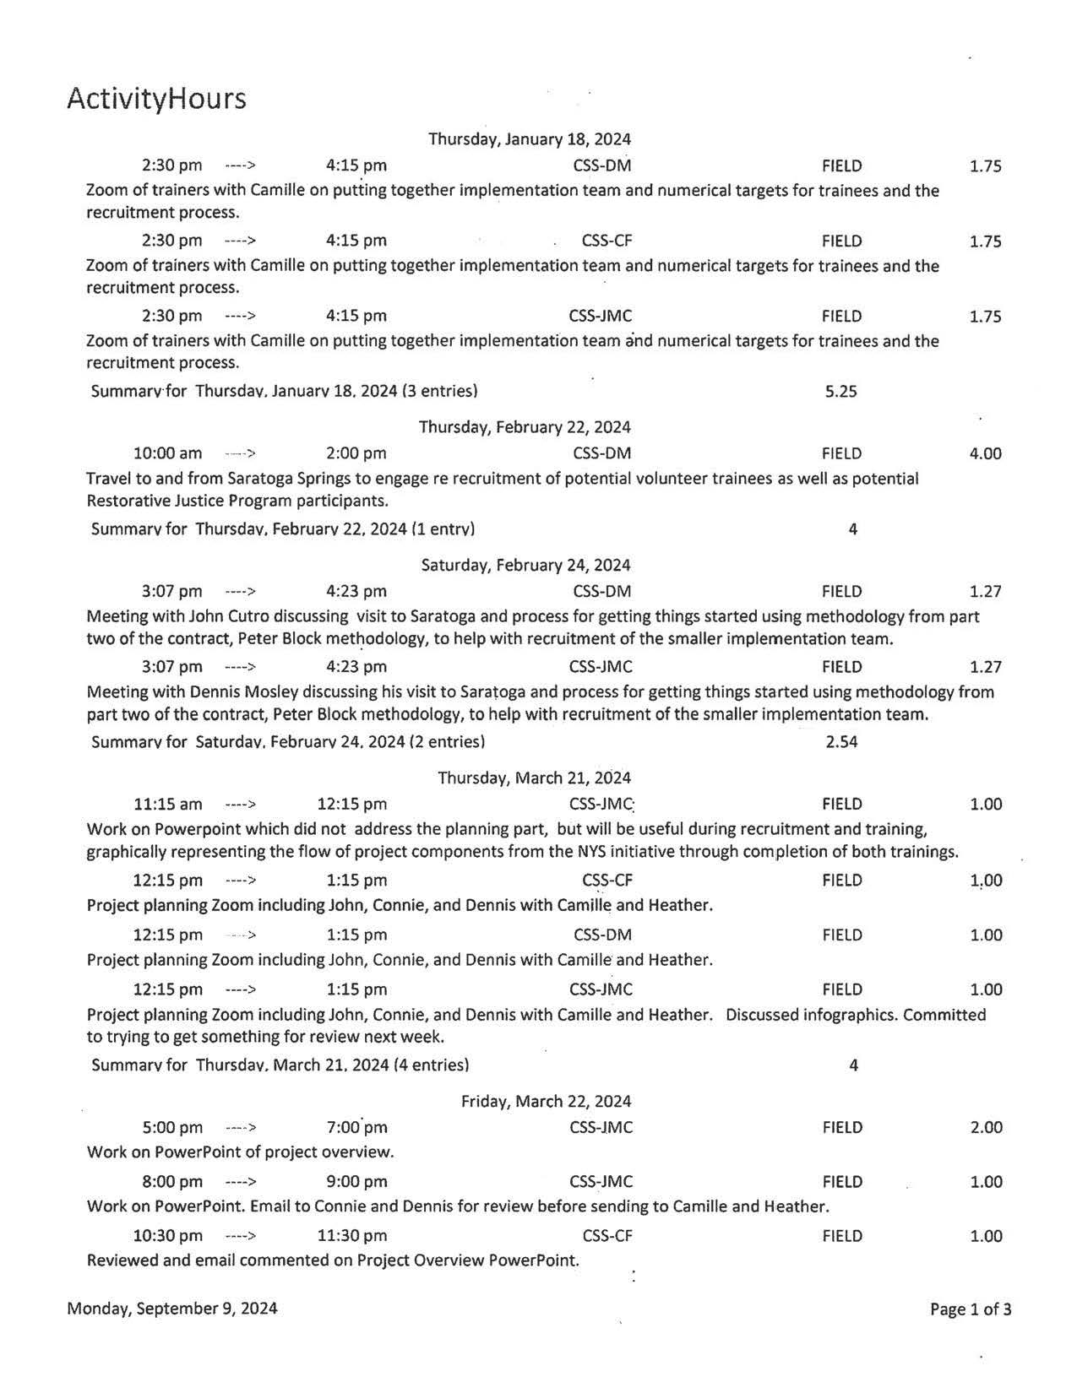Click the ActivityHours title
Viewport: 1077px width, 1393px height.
click(156, 99)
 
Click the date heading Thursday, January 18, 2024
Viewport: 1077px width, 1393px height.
click(529, 139)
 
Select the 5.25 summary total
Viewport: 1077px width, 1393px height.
click(840, 392)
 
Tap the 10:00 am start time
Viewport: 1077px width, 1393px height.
click(167, 454)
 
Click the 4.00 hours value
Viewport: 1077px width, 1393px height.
click(985, 454)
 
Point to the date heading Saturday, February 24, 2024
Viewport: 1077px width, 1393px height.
click(525, 566)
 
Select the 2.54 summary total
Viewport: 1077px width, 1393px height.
click(841, 743)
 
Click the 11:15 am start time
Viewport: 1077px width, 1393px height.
click(167, 805)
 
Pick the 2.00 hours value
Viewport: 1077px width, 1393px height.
click(986, 1128)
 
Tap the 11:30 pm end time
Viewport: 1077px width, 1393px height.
click(351, 1237)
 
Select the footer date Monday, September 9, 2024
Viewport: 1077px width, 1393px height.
click(172, 1309)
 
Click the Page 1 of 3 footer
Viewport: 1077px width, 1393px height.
click(970, 1310)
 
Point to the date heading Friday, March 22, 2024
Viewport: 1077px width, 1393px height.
click(546, 1102)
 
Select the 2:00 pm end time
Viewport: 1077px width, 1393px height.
click(356, 454)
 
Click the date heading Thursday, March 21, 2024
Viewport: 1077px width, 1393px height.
click(534, 778)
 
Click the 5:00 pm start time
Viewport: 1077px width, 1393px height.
click(171, 1128)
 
